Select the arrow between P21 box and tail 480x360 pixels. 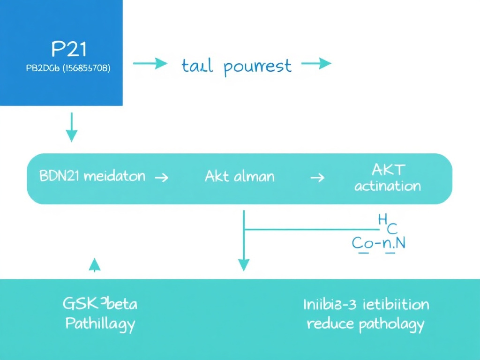[x=150, y=64]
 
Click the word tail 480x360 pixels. [x=197, y=66]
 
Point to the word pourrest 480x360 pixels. [x=257, y=67]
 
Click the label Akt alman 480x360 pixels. [x=240, y=177]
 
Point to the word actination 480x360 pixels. [x=388, y=186]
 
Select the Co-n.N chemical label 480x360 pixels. [x=378, y=243]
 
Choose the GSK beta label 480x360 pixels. [x=100, y=304]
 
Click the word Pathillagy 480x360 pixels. [x=100, y=323]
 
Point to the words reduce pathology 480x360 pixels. [x=366, y=324]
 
